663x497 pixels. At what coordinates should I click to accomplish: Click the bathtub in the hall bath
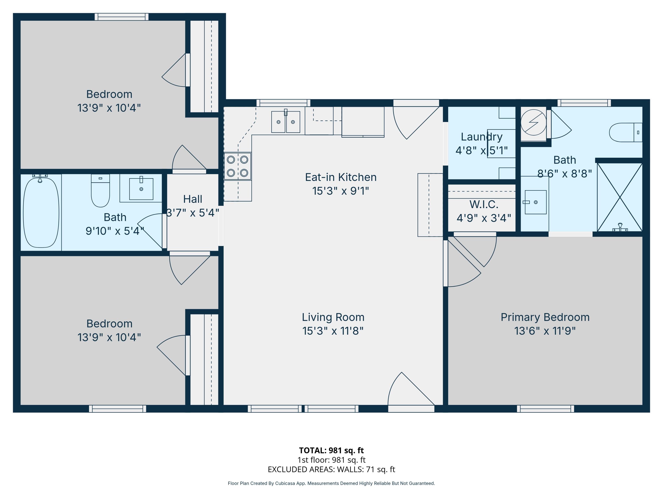pyautogui.click(x=41, y=212)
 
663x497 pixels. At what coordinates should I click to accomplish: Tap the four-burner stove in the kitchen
pyautogui.click(x=237, y=166)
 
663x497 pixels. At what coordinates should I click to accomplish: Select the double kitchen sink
pyautogui.click(x=285, y=122)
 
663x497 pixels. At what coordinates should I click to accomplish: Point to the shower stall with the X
pyautogui.click(x=619, y=197)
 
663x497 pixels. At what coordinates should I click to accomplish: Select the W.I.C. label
pyautogui.click(x=484, y=204)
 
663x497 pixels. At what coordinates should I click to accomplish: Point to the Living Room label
pyautogui.click(x=333, y=317)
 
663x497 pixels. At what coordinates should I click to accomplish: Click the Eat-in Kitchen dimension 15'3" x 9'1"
pyautogui.click(x=341, y=191)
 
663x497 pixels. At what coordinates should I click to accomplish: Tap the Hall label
pyautogui.click(x=193, y=199)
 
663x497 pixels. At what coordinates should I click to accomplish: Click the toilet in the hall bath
pyautogui.click(x=100, y=191)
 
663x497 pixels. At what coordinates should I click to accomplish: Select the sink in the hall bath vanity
pyautogui.click(x=141, y=189)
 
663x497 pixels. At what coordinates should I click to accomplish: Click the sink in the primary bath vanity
pyautogui.click(x=536, y=202)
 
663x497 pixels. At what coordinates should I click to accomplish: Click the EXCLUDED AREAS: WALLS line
pyautogui.click(x=331, y=469)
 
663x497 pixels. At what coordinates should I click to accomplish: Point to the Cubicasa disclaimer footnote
pyautogui.click(x=331, y=483)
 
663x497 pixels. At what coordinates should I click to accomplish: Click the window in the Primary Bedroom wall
pyautogui.click(x=545, y=409)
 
